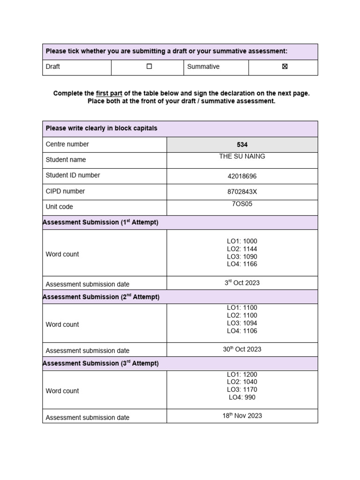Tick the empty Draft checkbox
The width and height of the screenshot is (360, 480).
point(149,67)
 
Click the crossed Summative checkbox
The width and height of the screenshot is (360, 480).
point(285,67)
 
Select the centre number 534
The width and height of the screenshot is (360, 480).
point(242,145)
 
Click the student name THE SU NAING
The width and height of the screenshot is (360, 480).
point(242,157)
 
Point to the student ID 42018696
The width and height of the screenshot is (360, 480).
point(242,176)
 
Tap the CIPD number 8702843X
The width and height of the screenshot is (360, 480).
point(242,192)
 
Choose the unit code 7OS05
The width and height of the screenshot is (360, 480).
point(242,204)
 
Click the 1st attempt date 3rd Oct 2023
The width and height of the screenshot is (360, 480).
point(242,283)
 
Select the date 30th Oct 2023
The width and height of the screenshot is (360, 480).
point(242,349)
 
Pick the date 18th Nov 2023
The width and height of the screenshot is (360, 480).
point(242,416)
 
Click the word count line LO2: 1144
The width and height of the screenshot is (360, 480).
point(242,249)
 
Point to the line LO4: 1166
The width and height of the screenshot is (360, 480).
point(242,264)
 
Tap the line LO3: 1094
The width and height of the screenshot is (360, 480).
point(242,323)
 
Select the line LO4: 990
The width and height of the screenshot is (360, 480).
point(242,397)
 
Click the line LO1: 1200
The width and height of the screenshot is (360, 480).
point(242,375)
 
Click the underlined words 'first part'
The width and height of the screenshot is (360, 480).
point(109,93)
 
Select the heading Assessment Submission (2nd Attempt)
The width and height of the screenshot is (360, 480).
point(101,297)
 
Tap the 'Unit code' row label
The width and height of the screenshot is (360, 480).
point(59,207)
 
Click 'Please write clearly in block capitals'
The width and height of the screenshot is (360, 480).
point(101,128)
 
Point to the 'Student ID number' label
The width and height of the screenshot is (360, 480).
point(73,175)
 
